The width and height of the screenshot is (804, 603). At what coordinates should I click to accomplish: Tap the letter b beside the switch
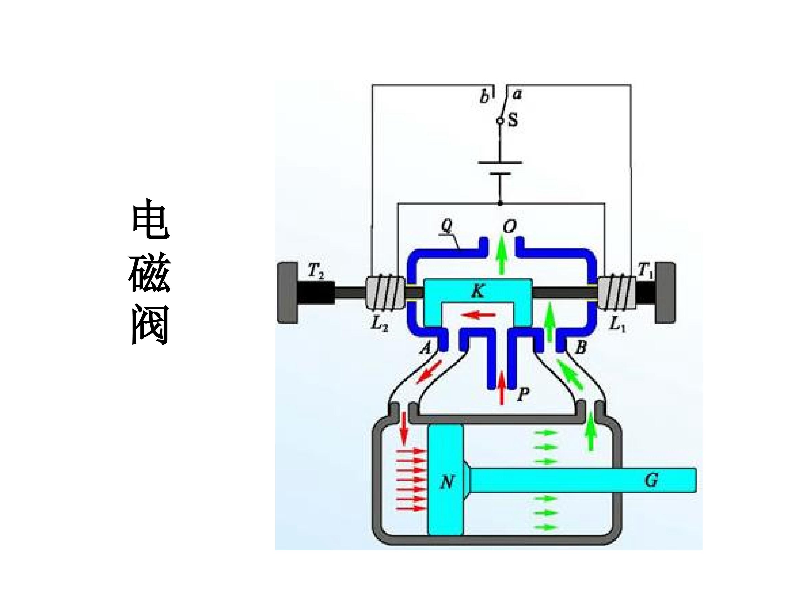click(x=484, y=97)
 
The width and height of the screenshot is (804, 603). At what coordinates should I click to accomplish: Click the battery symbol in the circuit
click(x=500, y=168)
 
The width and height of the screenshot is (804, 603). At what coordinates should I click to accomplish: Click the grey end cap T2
click(x=288, y=293)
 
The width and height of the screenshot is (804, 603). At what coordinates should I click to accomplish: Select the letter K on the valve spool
click(x=478, y=291)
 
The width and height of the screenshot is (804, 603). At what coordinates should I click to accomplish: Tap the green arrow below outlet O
click(x=502, y=254)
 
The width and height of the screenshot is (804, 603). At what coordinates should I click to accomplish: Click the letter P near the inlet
click(x=523, y=394)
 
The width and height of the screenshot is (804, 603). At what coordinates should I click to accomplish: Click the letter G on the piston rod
click(x=651, y=480)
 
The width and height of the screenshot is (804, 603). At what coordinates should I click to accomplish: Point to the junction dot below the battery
click(x=500, y=204)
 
